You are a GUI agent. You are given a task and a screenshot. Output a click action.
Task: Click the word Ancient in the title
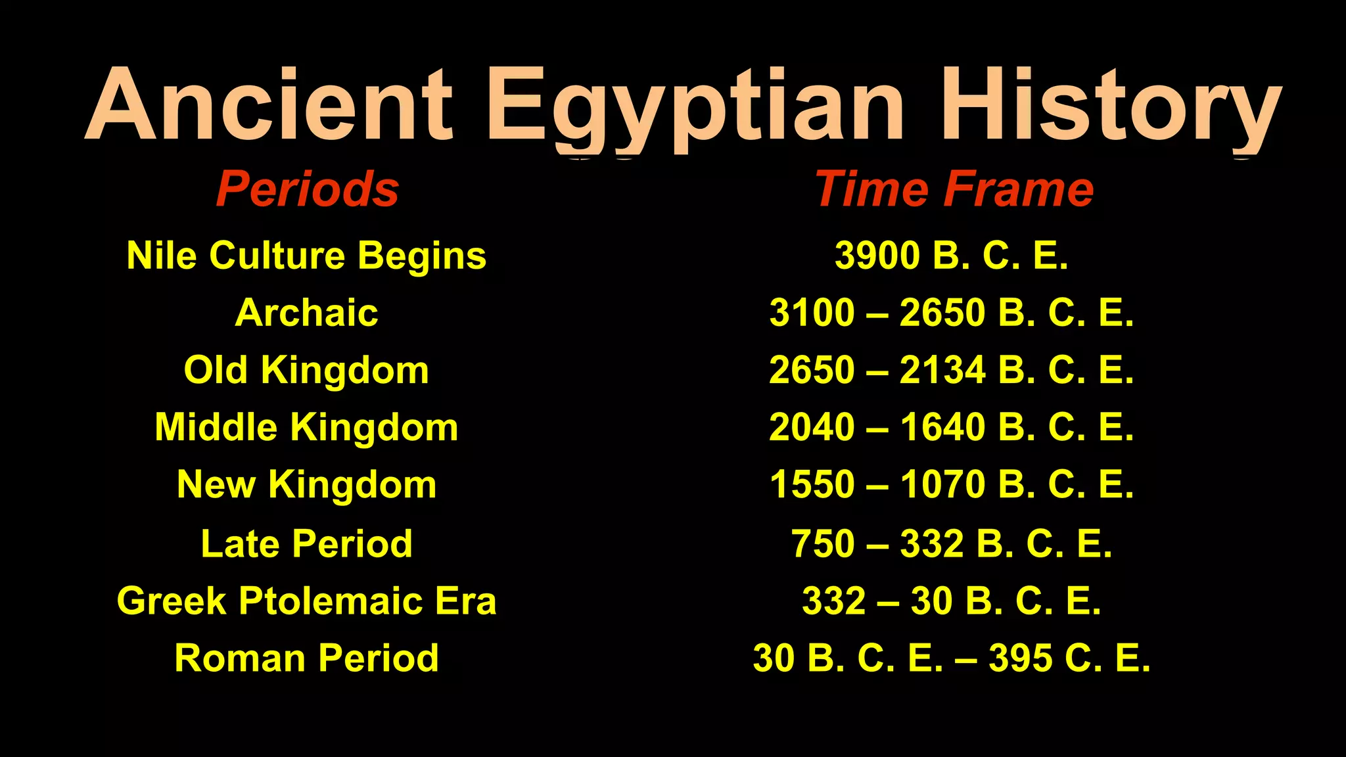coord(269,105)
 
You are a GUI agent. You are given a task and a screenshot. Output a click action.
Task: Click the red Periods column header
coord(308,189)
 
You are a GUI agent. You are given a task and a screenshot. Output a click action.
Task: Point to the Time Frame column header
coord(954,189)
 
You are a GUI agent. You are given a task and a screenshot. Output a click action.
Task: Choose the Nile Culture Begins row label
coord(306,255)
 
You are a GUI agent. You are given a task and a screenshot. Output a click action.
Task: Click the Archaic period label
coord(306,313)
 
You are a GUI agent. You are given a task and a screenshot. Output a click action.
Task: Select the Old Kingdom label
coord(306,370)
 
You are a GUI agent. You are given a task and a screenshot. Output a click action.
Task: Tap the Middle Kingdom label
coord(306,427)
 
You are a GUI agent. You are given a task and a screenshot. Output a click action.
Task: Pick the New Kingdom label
coord(306,485)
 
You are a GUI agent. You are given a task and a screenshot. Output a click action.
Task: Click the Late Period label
coord(306,543)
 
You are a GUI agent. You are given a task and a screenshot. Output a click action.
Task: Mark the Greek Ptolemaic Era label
coord(306,601)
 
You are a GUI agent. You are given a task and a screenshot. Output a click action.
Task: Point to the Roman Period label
coord(306,658)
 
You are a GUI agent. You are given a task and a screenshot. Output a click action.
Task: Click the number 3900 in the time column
coord(877,255)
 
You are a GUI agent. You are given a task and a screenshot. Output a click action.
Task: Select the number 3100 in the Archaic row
coord(812,313)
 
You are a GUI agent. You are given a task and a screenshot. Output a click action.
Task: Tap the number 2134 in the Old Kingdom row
coord(942,370)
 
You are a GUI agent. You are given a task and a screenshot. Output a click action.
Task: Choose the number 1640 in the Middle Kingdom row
coord(942,427)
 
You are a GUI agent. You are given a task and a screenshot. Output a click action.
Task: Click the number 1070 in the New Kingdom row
coord(942,485)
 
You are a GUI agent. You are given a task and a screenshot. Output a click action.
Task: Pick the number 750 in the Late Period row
coord(823,543)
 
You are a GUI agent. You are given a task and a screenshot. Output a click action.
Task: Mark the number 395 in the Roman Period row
coord(1020,658)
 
